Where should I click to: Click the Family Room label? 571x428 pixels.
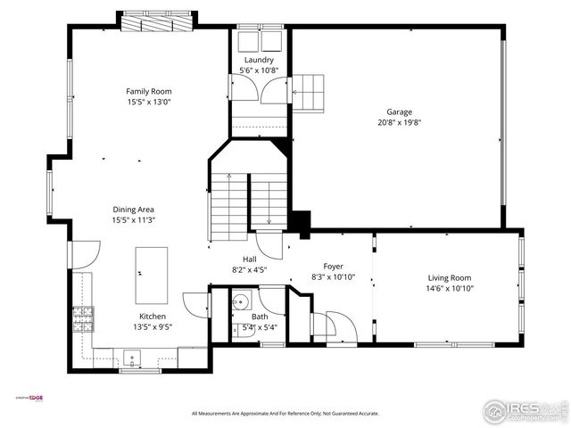(148, 91)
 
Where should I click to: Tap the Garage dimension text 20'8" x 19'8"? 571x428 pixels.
(399, 122)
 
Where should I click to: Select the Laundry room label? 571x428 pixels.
(259, 60)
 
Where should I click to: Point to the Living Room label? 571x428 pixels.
(449, 278)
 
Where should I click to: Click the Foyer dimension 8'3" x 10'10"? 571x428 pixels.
(333, 277)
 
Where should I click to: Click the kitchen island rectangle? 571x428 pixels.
(151, 276)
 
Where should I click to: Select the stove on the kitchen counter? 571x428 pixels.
(83, 317)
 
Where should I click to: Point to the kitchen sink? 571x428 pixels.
(133, 359)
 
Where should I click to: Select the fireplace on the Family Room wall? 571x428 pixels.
(156, 21)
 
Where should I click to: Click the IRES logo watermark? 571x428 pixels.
(524, 411)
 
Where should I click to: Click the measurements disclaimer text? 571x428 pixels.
(285, 414)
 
